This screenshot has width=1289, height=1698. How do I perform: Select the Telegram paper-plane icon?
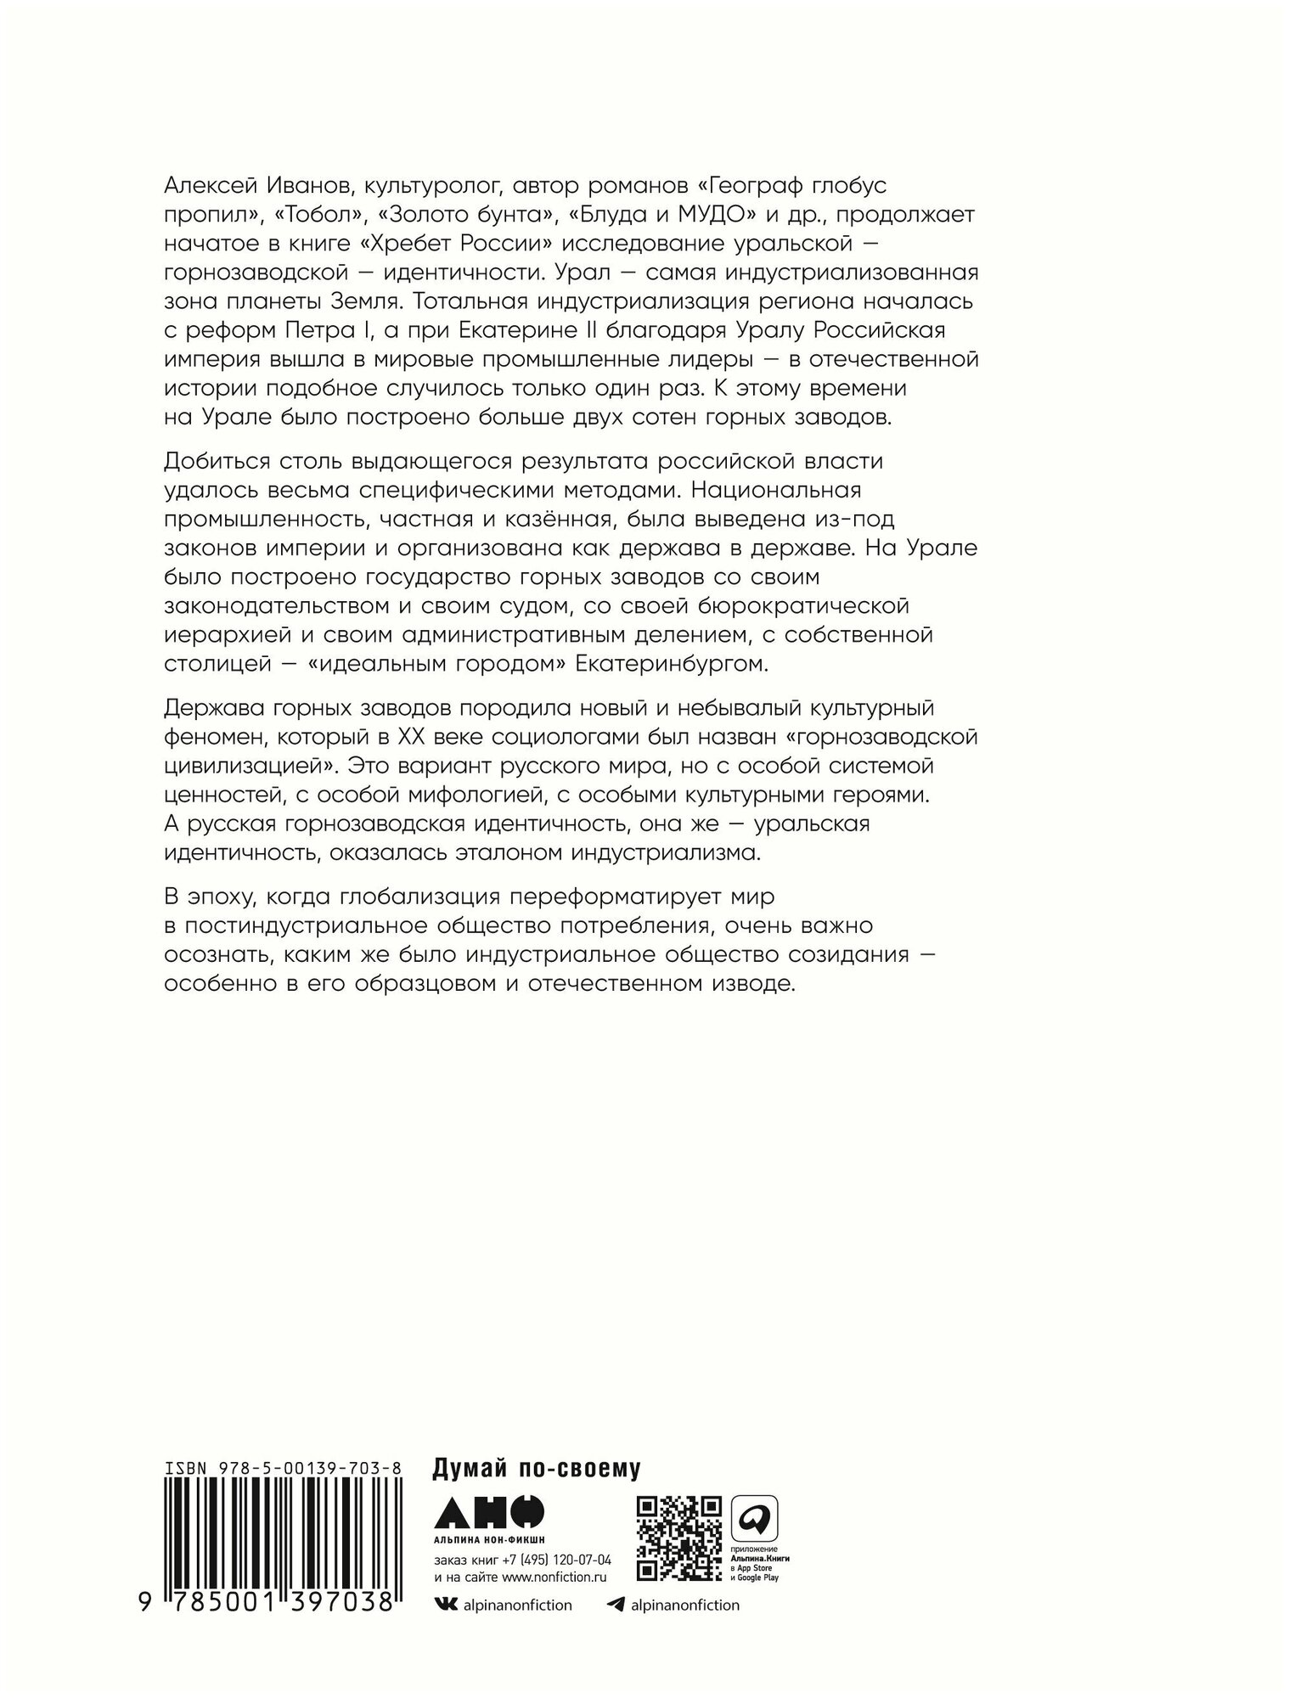(617, 1604)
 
